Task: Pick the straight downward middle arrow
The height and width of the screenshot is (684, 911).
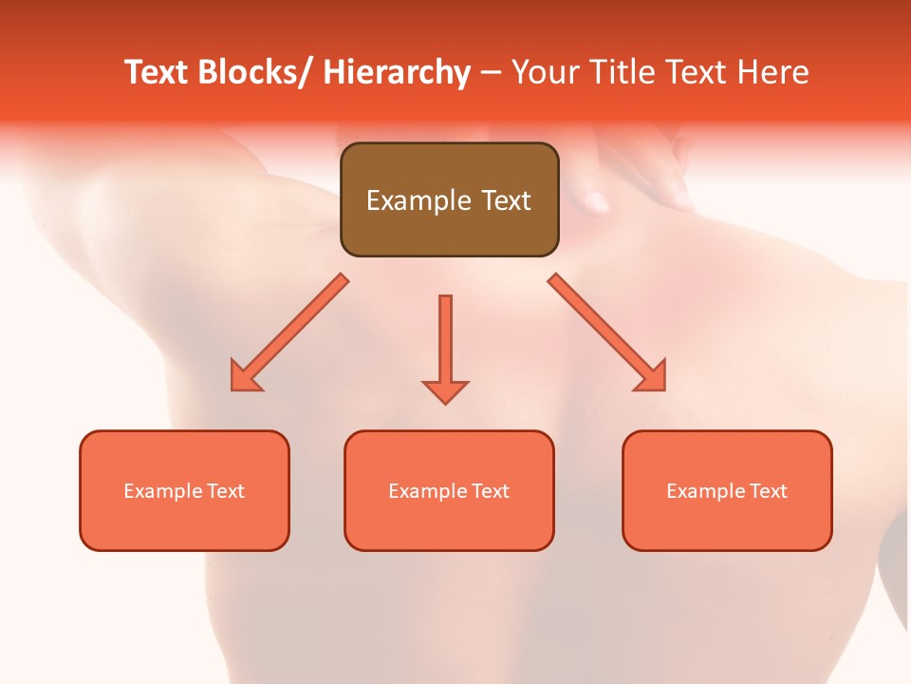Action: pyautogui.click(x=445, y=342)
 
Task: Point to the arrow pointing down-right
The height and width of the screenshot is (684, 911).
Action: pyautogui.click(x=607, y=332)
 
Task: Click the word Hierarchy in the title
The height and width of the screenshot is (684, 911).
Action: pyautogui.click(x=397, y=72)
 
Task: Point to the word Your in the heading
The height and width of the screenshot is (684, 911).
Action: pyautogui.click(x=547, y=72)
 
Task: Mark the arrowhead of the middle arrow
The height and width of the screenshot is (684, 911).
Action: pyautogui.click(x=445, y=391)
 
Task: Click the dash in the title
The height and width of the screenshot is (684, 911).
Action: pyautogui.click(x=491, y=72)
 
